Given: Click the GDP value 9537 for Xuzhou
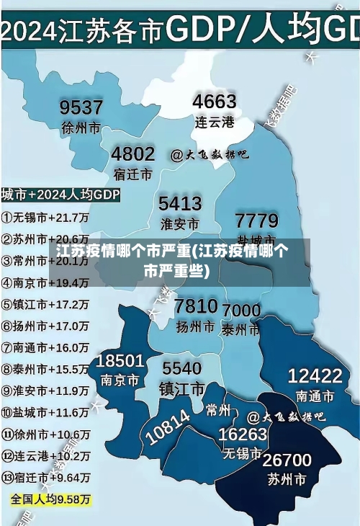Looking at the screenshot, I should click(x=81, y=107).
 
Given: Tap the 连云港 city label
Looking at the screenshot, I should click(x=215, y=122).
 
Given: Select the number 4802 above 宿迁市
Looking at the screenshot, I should click(x=132, y=153).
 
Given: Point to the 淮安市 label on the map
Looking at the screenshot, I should click(x=179, y=223).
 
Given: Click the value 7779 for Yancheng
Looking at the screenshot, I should click(x=256, y=219).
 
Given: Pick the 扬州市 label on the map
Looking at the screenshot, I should click(x=196, y=326).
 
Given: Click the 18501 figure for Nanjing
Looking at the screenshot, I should click(x=120, y=360).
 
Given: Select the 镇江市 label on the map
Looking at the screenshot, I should click(x=181, y=389).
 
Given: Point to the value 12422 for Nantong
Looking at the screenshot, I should click(x=315, y=375).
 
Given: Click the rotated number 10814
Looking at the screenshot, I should click(x=168, y=427).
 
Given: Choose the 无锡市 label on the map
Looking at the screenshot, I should click(x=242, y=455).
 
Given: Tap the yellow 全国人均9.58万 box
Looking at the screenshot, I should click(x=50, y=499).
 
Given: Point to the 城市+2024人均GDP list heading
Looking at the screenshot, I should click(x=60, y=195).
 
